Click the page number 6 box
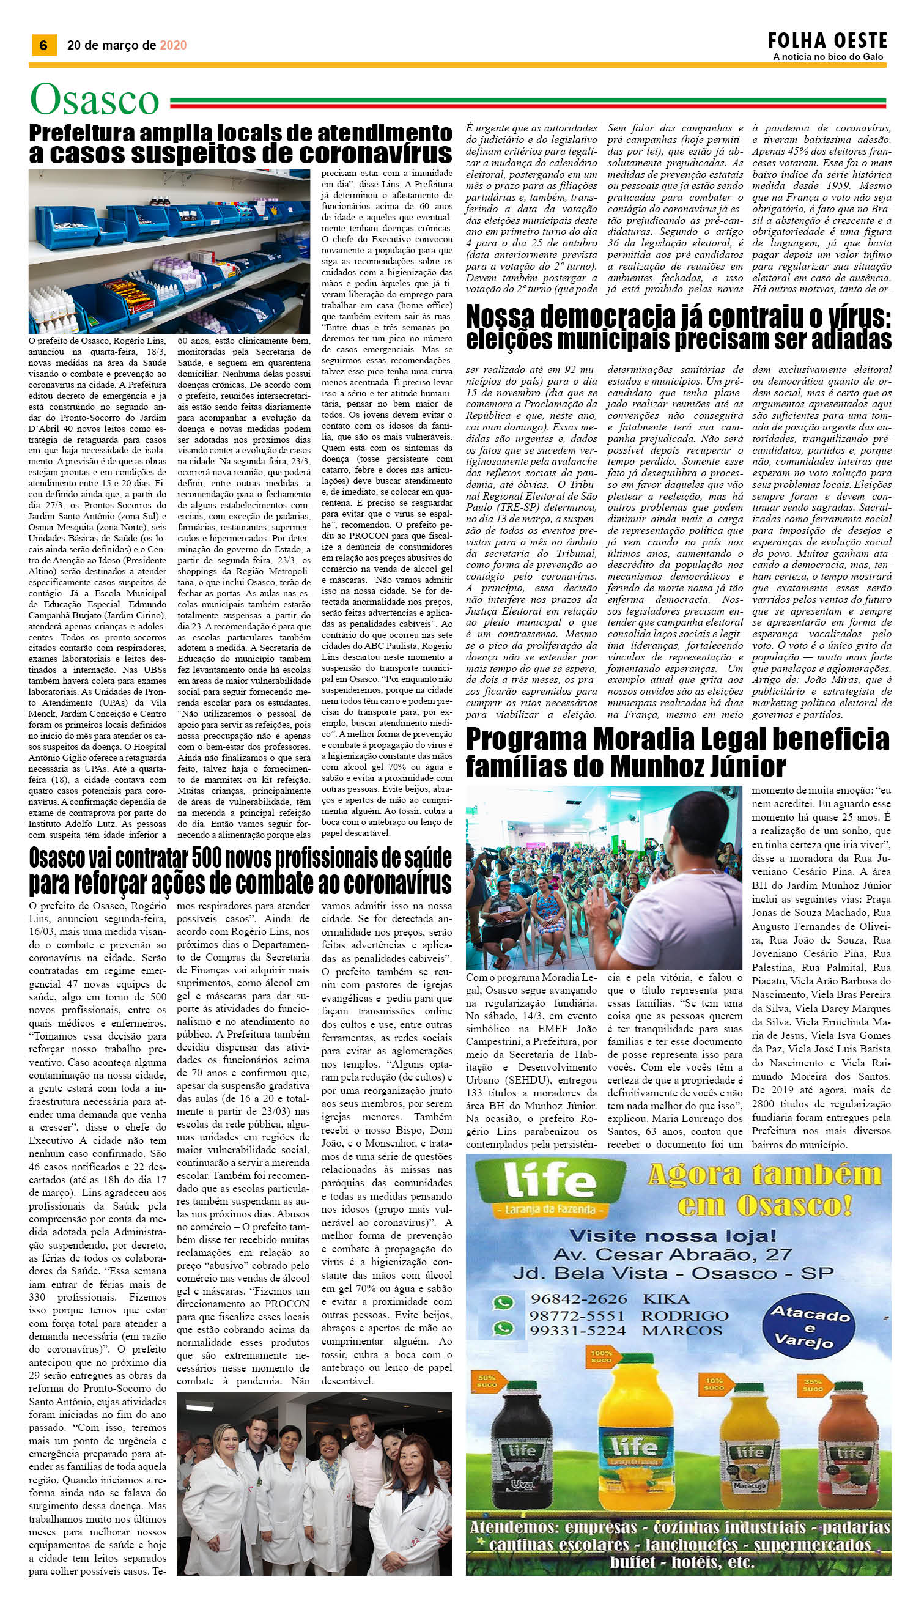[44, 45]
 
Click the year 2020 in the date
[173, 45]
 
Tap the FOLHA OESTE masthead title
[827, 41]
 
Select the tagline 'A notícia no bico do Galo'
[827, 57]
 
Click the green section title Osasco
[94, 100]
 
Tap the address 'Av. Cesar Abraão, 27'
[672, 1237]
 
